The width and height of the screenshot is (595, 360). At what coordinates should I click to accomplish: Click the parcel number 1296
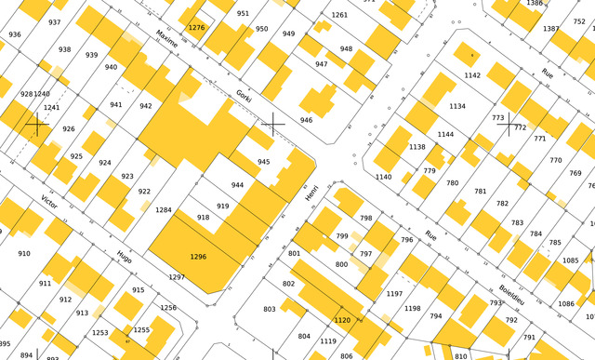tap(198, 256)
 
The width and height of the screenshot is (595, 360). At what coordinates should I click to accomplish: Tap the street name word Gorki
tap(245, 96)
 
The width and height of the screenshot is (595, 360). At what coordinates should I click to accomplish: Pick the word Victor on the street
tap(49, 202)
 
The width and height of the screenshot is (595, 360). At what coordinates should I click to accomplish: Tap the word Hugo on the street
tap(125, 256)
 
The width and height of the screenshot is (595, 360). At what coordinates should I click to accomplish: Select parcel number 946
tap(306, 120)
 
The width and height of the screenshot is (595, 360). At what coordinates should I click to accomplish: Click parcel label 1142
tap(472, 75)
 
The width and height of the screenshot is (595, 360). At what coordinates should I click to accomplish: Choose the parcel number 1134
tap(457, 107)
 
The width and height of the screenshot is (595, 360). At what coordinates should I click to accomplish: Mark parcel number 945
tap(264, 162)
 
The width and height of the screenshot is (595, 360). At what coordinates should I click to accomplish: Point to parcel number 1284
tap(164, 210)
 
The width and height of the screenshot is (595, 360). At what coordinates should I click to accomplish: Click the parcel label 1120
tap(342, 320)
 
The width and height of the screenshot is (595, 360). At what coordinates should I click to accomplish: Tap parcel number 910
tap(23, 253)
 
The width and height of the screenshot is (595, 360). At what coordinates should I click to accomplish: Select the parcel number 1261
tap(339, 15)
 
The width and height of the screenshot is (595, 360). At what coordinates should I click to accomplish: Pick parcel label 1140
tap(383, 177)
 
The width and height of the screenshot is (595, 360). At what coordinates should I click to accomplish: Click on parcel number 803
tap(270, 309)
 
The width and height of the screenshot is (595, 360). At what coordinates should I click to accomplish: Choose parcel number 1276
tap(196, 28)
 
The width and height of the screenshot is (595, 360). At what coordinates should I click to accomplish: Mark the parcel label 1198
tap(412, 308)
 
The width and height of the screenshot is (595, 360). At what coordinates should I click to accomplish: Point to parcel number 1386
tap(535, 4)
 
